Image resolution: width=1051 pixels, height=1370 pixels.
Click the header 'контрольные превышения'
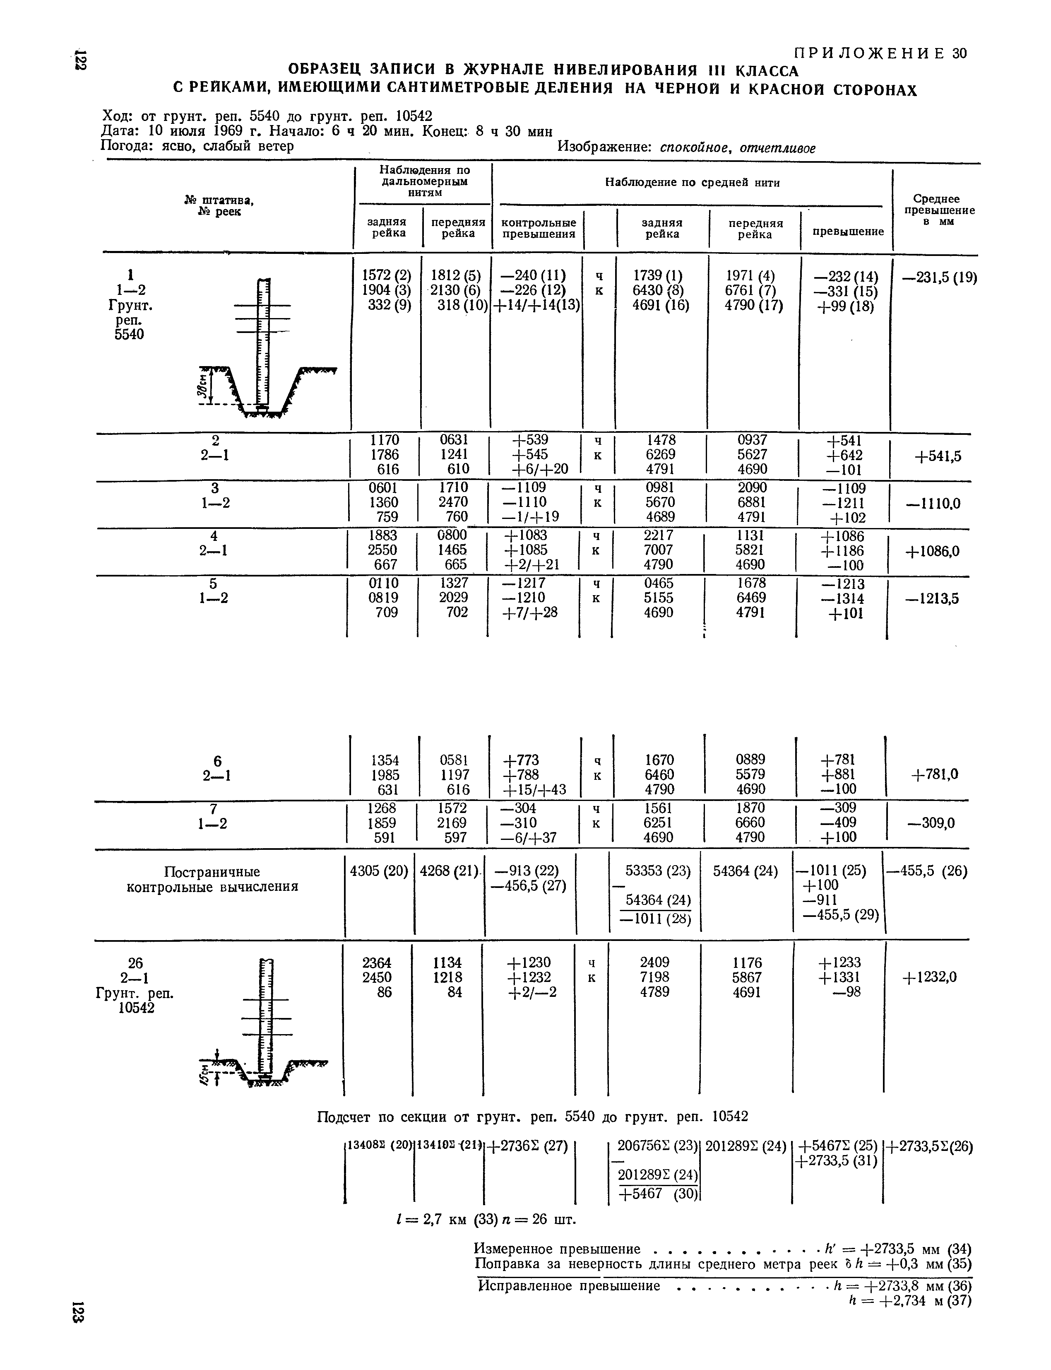tap(538, 229)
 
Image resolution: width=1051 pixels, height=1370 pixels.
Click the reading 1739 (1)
tap(657, 276)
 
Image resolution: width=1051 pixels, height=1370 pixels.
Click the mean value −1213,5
tap(933, 599)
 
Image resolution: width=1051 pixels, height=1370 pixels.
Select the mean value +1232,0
tap(930, 977)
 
